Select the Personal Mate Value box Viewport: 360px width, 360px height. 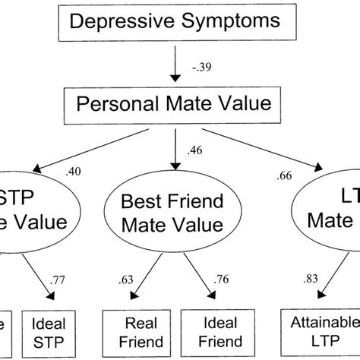tap(177, 103)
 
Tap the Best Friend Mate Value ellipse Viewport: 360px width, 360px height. tap(176, 214)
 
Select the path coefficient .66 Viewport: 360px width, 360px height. tap(285, 176)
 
